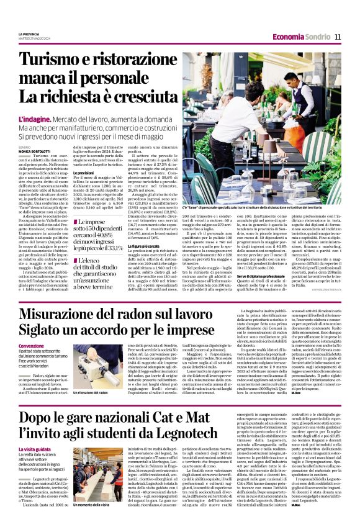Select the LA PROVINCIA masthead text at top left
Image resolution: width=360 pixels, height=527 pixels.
[x=29, y=34]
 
